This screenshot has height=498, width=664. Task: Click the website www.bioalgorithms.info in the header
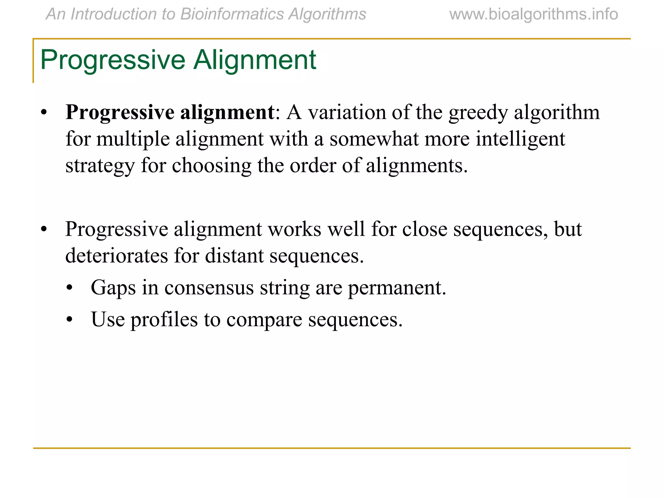tap(533, 15)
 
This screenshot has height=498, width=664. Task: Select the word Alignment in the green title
tap(255, 60)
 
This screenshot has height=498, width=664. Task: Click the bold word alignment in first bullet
tap(227, 113)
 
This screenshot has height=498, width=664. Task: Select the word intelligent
tap(520, 139)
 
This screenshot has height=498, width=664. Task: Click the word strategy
tap(100, 166)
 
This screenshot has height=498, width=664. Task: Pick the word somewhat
tap(374, 139)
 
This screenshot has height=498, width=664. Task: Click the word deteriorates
tap(116, 256)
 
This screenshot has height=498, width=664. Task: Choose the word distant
tap(234, 256)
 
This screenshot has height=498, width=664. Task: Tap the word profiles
tap(164, 320)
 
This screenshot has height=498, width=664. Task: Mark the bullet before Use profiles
tap(69, 320)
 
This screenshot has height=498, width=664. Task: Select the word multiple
tap(133, 139)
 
